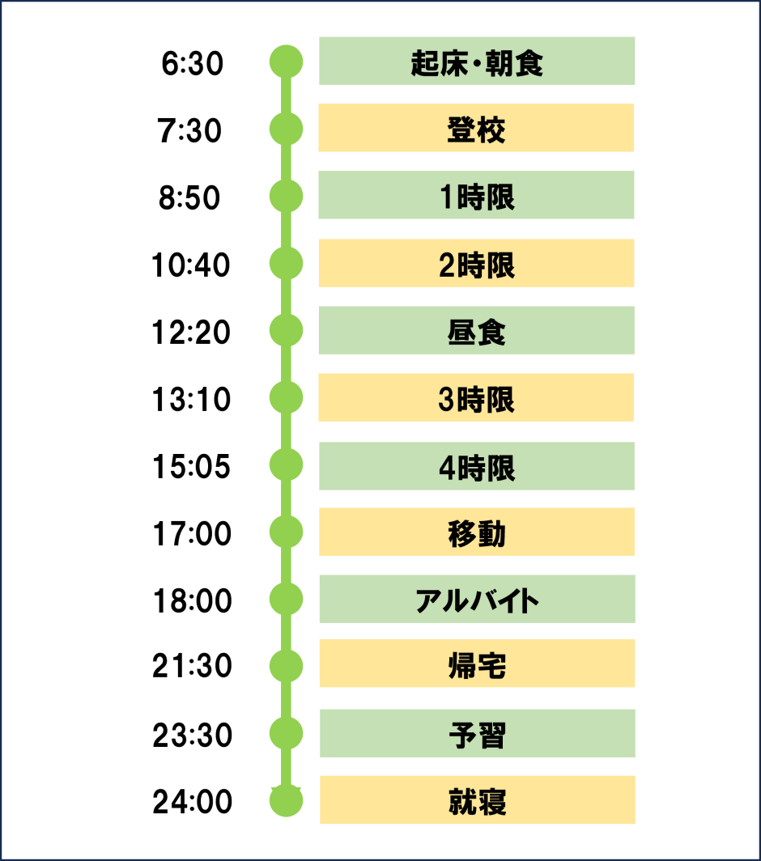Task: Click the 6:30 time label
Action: pos(193,63)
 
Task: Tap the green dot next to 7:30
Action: pos(287,129)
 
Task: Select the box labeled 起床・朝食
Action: pos(477,61)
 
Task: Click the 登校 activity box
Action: pos(476,127)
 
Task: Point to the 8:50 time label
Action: pos(189,198)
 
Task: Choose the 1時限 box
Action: pos(476,195)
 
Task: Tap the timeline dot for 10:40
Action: pos(287,264)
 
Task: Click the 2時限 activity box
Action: pos(476,263)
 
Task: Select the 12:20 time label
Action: pos(191,333)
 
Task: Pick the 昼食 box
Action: pos(477,330)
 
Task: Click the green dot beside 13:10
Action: pos(287,397)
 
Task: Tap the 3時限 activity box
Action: pos(476,397)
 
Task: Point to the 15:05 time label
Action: pos(191,467)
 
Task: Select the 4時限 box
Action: pos(477,465)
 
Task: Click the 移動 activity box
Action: pos(477,532)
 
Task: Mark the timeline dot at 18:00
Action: pos(287,599)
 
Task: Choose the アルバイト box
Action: pos(478,599)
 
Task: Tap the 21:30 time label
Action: pos(193,666)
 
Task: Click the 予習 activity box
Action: pos(478,733)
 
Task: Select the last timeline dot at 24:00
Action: pos(287,800)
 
